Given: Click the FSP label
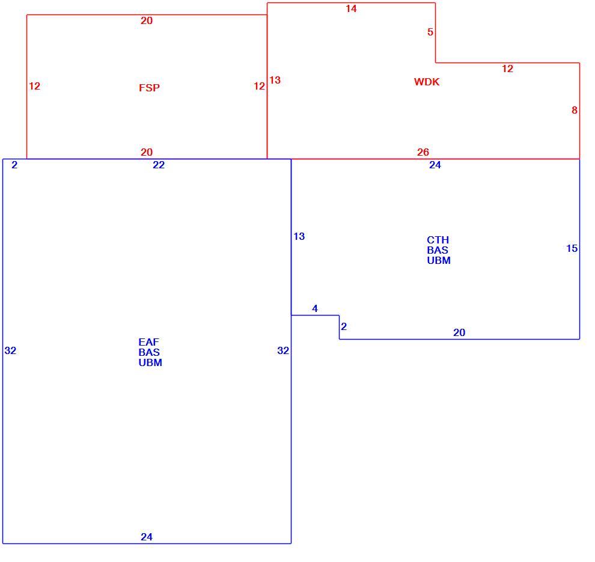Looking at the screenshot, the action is coord(149,88).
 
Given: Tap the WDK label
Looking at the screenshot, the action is coord(427,82).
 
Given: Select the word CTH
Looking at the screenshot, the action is coord(438,240).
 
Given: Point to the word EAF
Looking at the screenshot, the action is coord(148,342).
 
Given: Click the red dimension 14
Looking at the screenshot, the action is coord(351,8).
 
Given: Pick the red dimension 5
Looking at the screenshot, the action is coord(430,32).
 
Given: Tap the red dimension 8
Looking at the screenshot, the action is coord(574,110).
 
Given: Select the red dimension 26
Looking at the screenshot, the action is coord(423,152).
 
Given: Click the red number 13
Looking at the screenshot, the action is coord(275,80).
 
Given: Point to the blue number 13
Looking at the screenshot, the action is coord(299,236).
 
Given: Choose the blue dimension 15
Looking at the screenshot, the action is coord(572,248).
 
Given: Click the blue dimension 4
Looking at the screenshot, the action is coord(314,308).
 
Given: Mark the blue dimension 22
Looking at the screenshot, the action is coord(158,165).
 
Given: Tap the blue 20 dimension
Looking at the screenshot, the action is coord(459,332).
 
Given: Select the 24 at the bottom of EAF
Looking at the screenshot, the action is coord(147,537).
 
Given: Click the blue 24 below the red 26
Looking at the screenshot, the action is coord(435,165).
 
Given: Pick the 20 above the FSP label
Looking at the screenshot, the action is coord(147,20).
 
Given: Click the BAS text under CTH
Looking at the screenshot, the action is coord(437,250).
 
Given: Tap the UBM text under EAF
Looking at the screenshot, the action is coord(150,362).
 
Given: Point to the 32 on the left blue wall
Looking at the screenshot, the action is coord(10,350).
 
